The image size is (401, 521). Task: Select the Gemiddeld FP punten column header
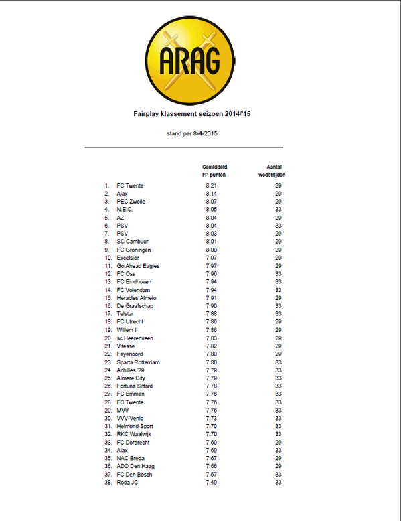pos(212,169)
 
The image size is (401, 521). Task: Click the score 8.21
pos(212,185)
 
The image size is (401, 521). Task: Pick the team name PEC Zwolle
pos(131,202)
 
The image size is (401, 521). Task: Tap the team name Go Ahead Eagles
pos(138,266)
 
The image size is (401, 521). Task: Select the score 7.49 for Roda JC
pos(212,483)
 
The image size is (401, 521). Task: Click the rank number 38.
pos(107,483)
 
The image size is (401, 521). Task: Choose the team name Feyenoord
pos(131,354)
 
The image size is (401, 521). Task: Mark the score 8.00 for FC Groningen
pos(212,250)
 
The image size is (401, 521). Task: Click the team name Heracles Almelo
pos(137,298)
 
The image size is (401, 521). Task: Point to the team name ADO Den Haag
pos(136,467)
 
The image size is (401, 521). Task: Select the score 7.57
pos(212,475)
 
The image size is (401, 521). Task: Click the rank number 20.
pos(107,338)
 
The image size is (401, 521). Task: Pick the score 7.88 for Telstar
pos(212,314)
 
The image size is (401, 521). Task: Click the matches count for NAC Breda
pos(278,459)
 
